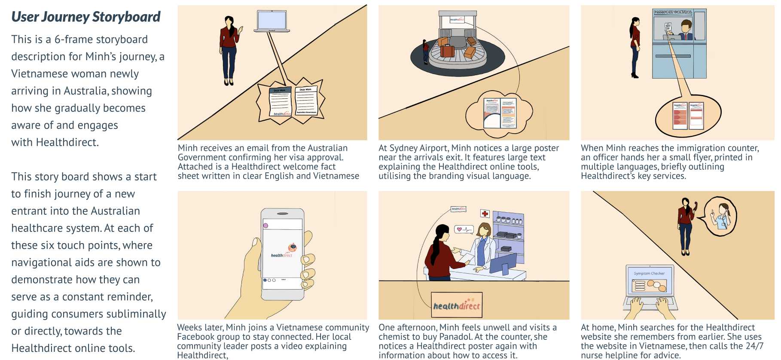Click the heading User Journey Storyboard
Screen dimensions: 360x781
point(85,17)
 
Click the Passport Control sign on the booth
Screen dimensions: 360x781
point(673,12)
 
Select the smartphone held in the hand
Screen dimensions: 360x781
point(282,254)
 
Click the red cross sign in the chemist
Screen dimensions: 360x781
point(485,214)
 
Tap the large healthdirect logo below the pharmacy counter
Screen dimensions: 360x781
point(456,305)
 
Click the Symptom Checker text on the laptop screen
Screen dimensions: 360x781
point(649,273)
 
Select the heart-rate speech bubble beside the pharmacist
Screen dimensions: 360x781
point(464,229)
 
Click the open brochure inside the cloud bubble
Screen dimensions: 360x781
point(500,113)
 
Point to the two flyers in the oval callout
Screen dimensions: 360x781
point(687,116)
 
